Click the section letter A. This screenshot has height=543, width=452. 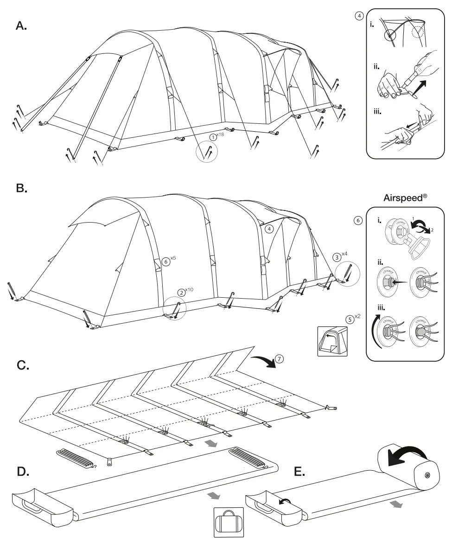[21, 26]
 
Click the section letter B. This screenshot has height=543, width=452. [21, 188]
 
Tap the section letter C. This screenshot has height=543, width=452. [23, 365]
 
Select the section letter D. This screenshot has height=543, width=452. [23, 472]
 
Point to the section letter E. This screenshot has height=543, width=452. [300, 472]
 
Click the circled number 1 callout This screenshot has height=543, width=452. [212, 137]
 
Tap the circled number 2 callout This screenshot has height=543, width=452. [181, 293]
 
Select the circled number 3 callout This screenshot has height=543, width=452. [337, 257]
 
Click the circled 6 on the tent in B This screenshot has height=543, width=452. [166, 261]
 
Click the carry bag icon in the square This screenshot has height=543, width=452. [228, 523]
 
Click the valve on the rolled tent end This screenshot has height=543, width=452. [427, 475]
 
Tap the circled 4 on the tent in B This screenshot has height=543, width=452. [269, 229]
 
